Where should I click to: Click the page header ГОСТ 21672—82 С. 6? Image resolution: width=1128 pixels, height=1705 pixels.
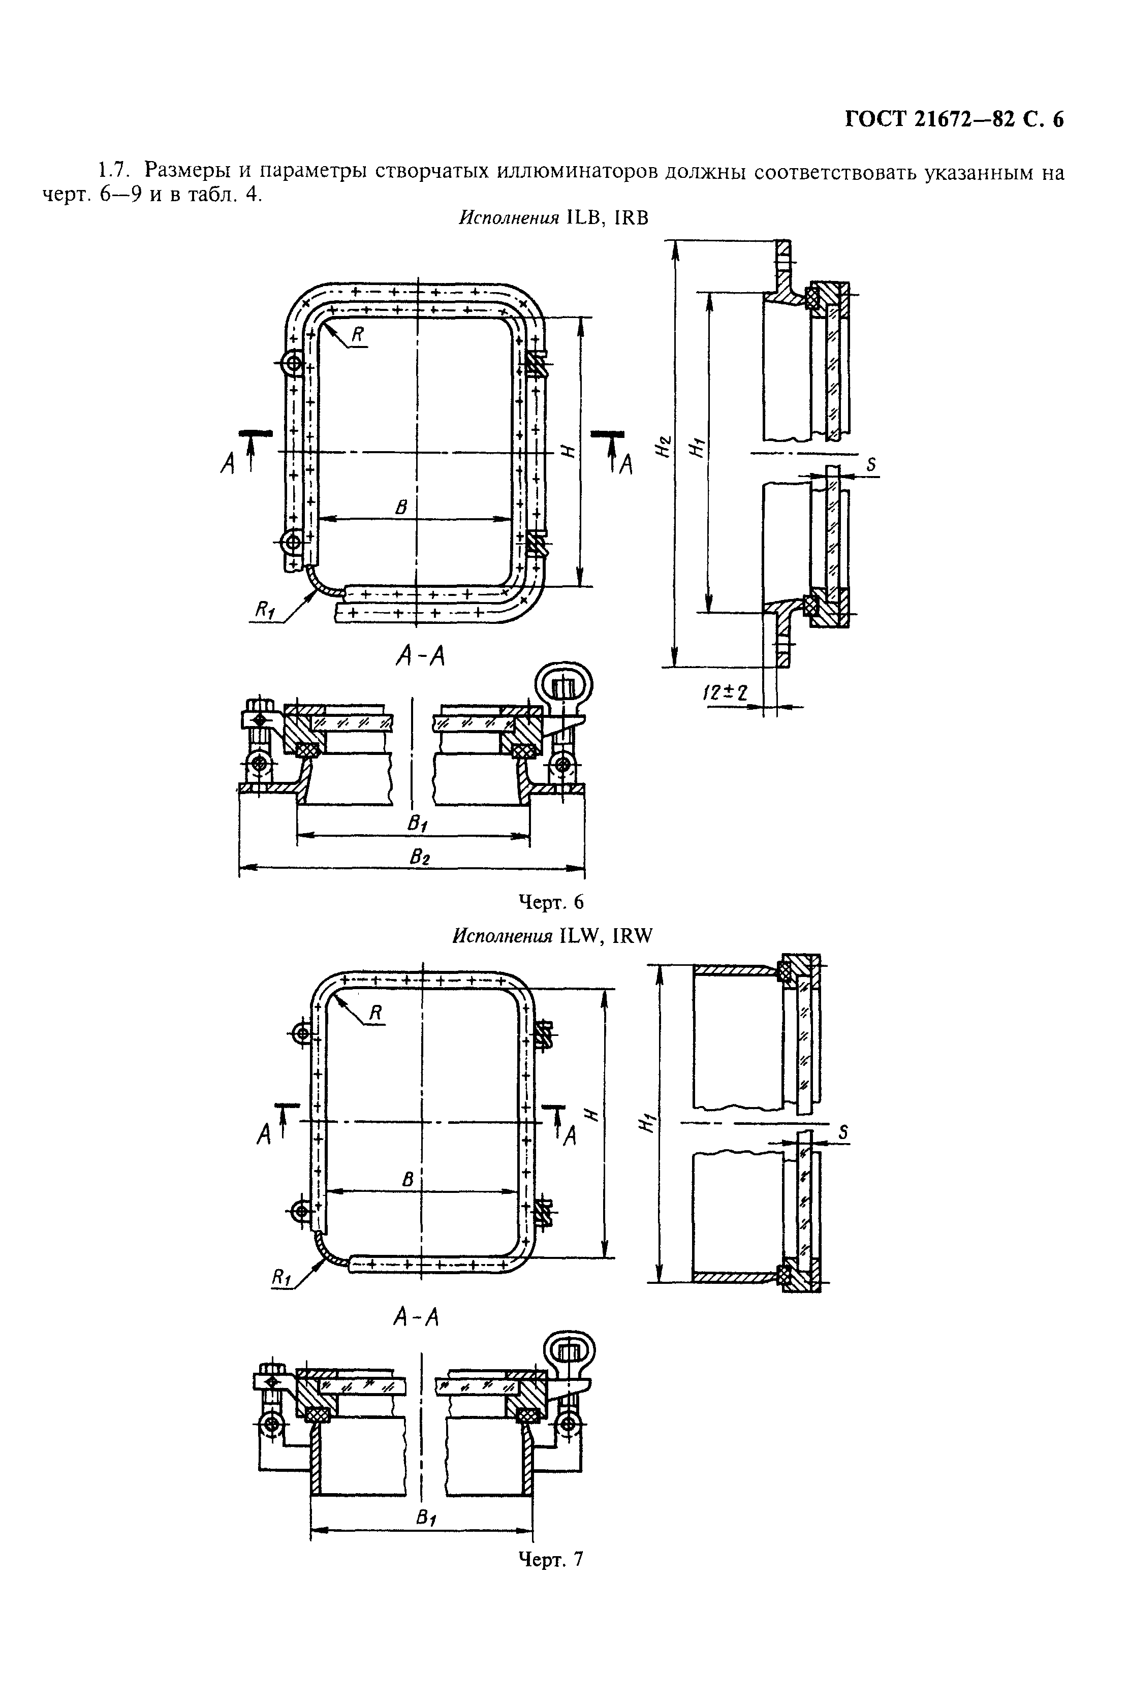tap(953, 119)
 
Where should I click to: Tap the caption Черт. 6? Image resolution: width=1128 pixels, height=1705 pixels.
tap(551, 902)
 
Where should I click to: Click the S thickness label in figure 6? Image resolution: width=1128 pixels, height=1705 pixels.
tap(871, 465)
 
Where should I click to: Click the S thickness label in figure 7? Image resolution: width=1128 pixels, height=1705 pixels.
tap(844, 1132)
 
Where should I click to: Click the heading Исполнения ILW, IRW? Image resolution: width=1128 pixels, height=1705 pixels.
tap(552, 935)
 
